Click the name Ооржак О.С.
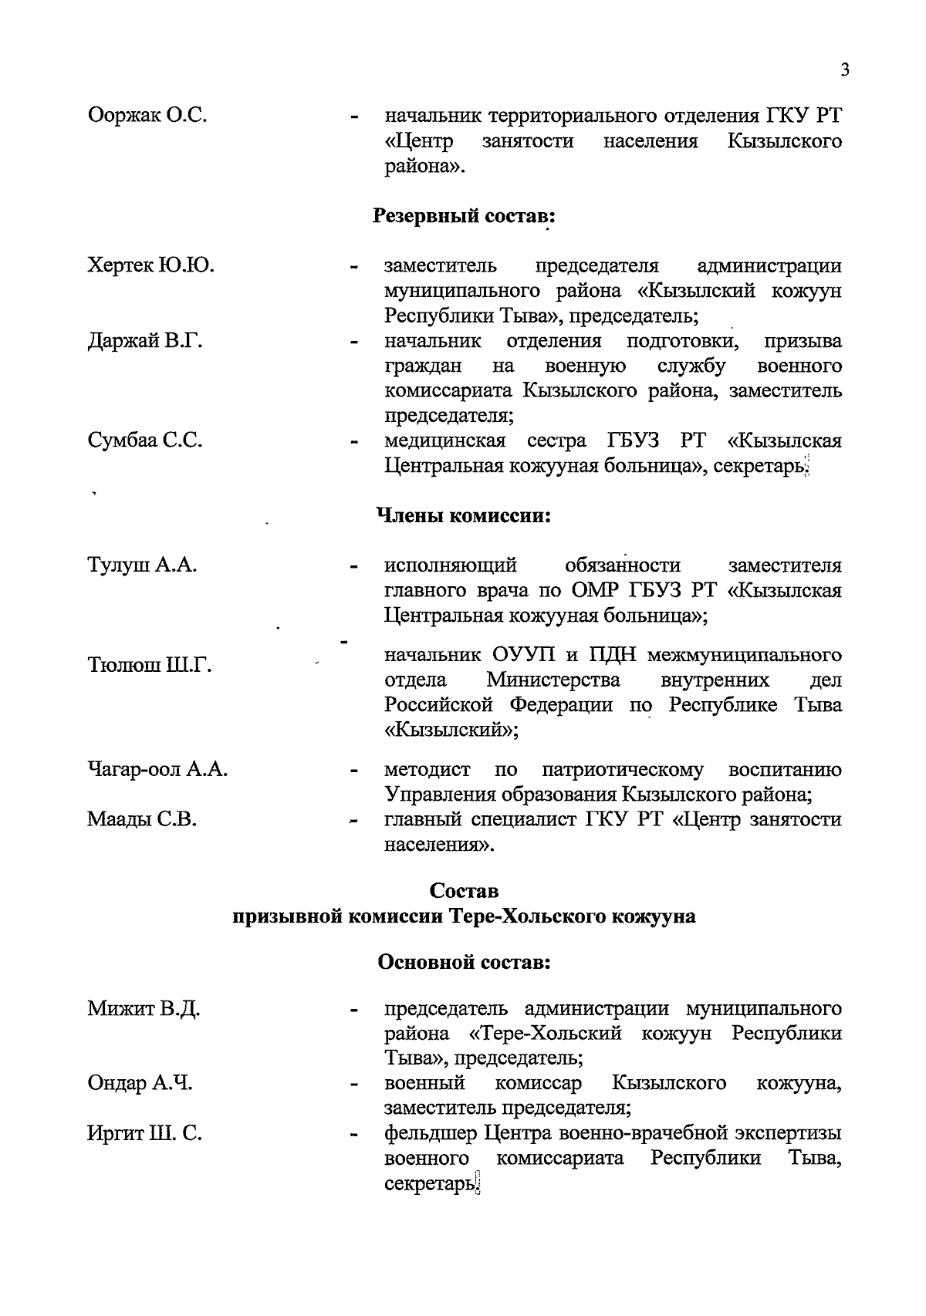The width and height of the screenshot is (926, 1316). pos(147,116)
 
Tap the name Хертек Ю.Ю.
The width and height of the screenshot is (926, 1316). pos(151,265)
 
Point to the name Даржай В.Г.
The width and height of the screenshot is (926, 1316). pos(145,340)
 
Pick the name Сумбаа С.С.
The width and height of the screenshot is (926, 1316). pos(145,440)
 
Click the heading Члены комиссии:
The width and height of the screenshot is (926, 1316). pos(463,515)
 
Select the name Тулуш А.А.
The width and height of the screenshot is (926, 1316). pos(143,565)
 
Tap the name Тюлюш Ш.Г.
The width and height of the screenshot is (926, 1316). pos(150,665)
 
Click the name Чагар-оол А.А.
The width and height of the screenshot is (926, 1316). pos(157,770)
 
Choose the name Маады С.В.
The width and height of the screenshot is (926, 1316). pos(142,819)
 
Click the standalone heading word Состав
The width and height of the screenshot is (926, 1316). pos(464,891)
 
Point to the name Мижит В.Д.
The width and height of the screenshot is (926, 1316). pos(144,1008)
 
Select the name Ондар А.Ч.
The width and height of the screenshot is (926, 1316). pos(140,1083)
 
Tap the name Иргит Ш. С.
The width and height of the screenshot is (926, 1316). pos(145,1134)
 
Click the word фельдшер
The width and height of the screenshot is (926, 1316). pos(431,1134)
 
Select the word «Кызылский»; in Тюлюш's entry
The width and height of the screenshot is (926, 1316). pos(451,730)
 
